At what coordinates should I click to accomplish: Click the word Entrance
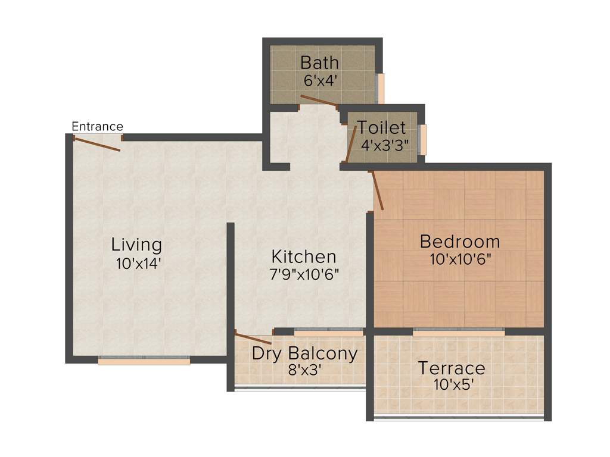(97, 126)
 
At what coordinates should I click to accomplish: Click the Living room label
(136, 245)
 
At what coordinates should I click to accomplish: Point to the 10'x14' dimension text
(138, 264)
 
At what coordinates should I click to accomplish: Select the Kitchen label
(304, 257)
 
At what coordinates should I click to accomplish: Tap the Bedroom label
(460, 242)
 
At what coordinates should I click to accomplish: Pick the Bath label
(320, 62)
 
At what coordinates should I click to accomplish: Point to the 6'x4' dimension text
(320, 80)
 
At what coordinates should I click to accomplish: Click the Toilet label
(382, 127)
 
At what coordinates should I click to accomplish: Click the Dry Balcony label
(304, 353)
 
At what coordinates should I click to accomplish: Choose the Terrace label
(451, 368)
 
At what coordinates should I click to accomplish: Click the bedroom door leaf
(377, 190)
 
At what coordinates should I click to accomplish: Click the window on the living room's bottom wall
(144, 360)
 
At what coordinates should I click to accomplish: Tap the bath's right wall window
(381, 88)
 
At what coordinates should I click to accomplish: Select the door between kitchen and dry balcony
(254, 339)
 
